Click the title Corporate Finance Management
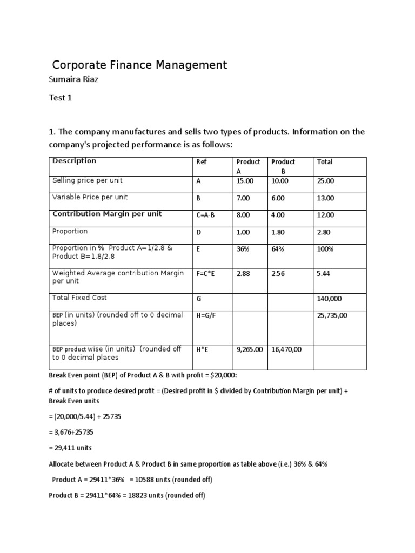[139, 65]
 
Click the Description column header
[74, 161]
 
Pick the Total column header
[325, 162]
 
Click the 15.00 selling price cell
[245, 181]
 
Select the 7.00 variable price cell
[243, 198]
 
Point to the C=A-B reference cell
[206, 215]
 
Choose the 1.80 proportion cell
[278, 232]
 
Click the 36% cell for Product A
[243, 249]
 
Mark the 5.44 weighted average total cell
[323, 274]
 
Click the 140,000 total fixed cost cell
[329, 299]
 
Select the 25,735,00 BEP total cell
[332, 315]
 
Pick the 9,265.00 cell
[250, 349]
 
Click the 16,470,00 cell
[286, 349]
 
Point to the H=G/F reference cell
[206, 315]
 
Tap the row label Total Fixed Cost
[79, 298]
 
